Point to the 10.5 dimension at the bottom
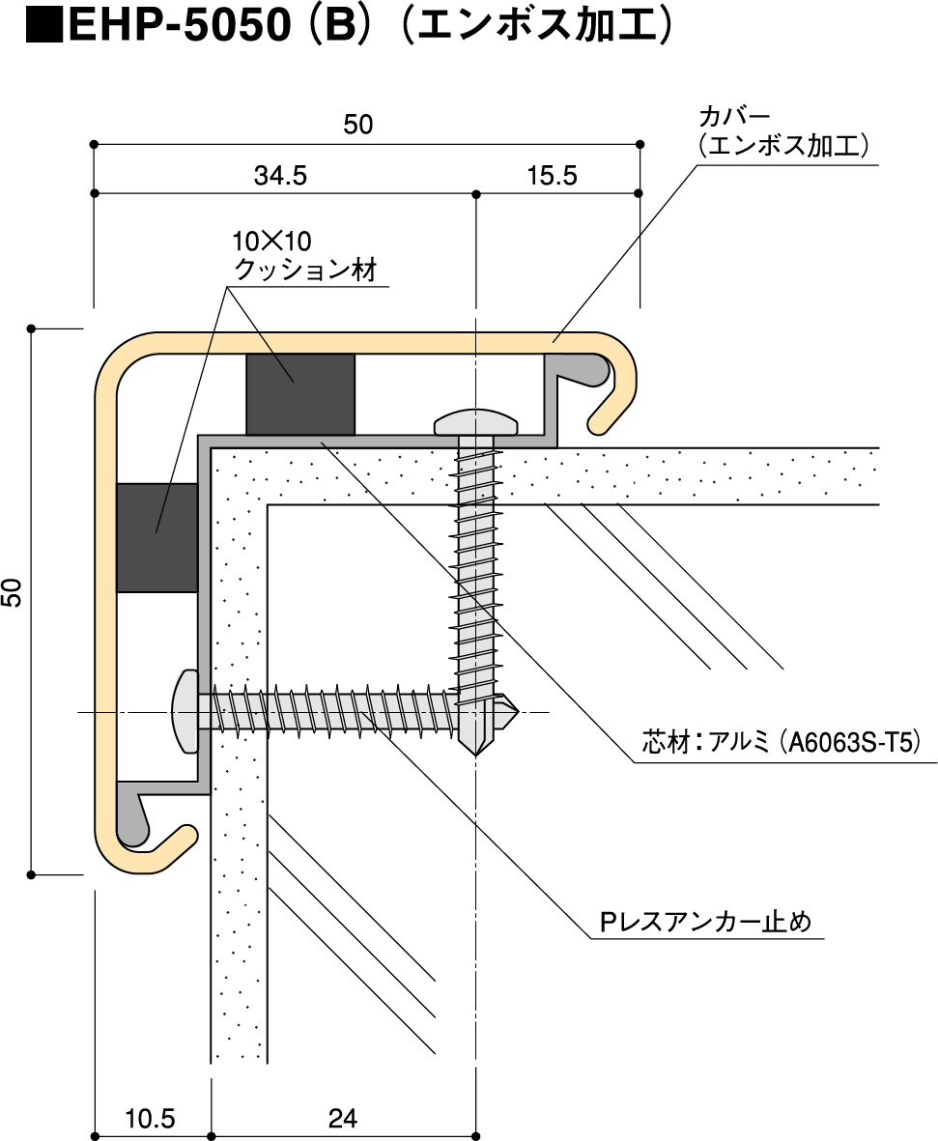click(x=150, y=1119)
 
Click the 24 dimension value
click(x=342, y=1119)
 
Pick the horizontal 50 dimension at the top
click(x=357, y=125)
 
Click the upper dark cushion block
click(x=300, y=393)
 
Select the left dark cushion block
click(x=156, y=537)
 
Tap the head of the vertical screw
click(x=476, y=422)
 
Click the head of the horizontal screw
click(x=184, y=713)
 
